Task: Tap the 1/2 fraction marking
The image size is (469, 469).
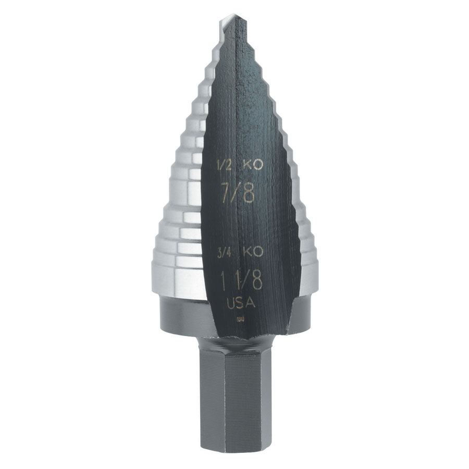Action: (223, 166)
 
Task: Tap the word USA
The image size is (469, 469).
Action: (241, 303)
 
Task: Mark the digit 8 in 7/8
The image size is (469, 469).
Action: (249, 192)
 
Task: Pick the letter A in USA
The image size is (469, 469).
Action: (251, 303)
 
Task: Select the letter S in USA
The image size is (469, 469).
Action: (241, 303)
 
